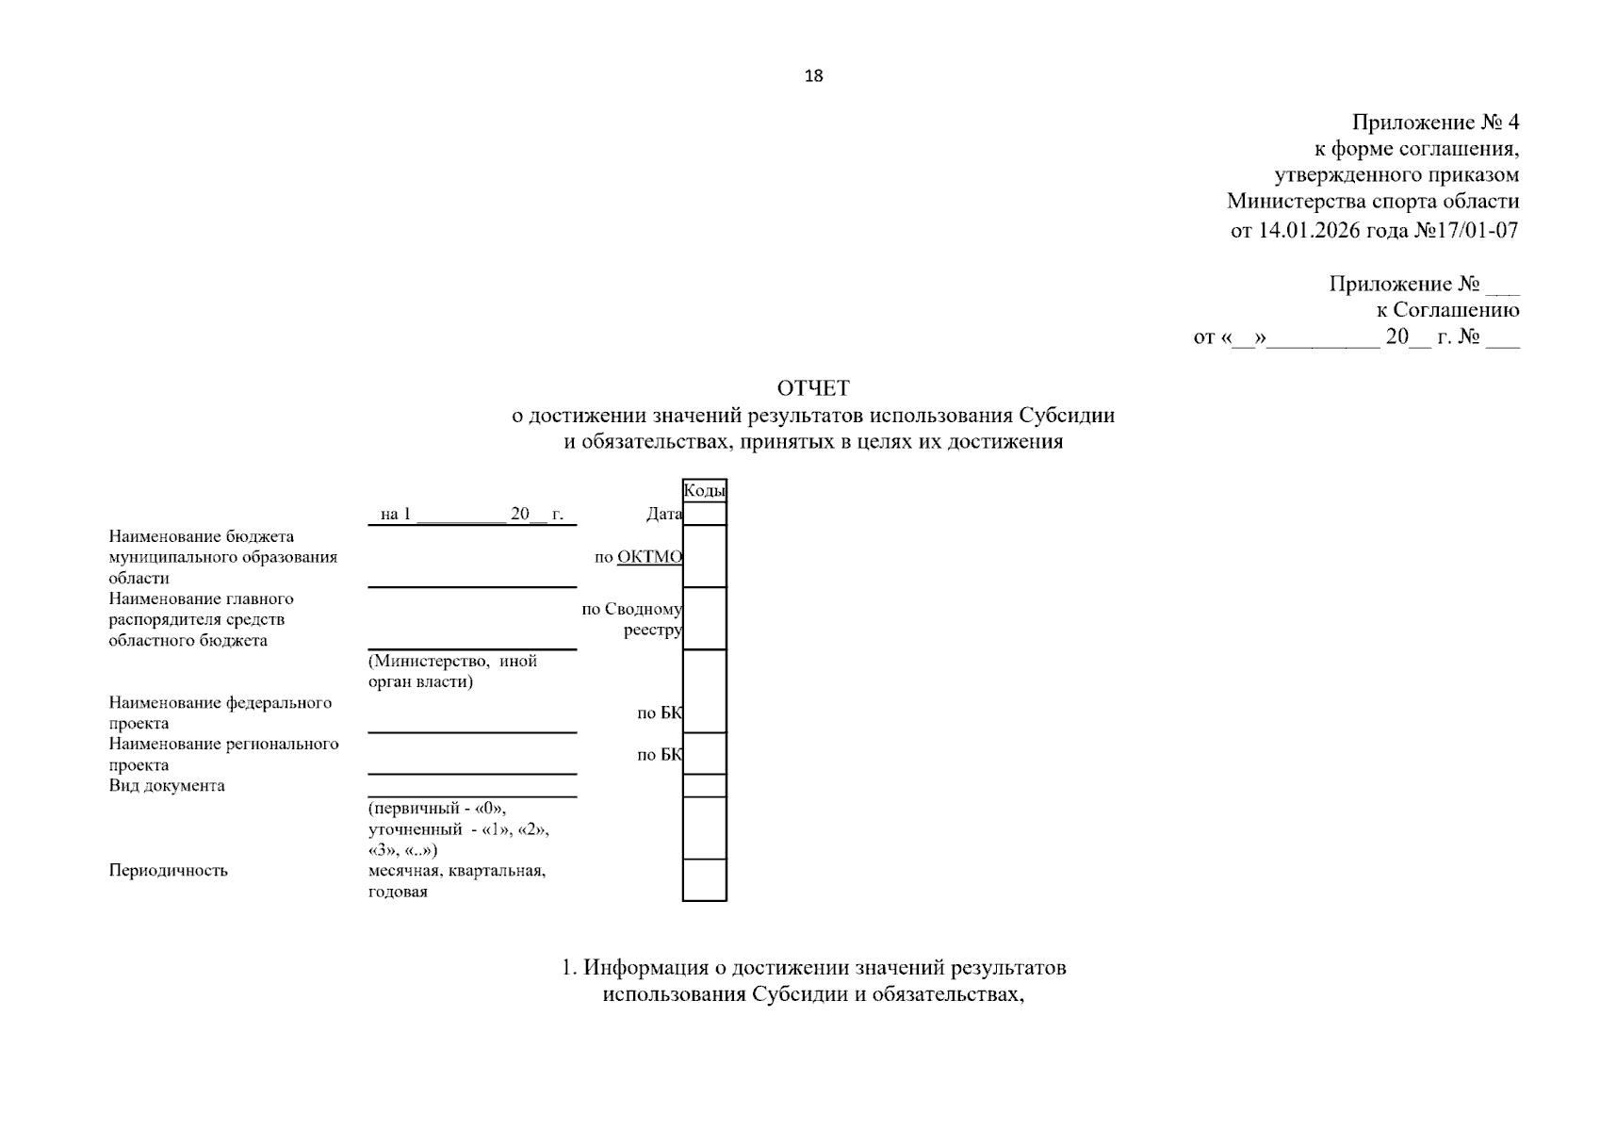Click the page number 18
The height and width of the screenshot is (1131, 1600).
coord(813,76)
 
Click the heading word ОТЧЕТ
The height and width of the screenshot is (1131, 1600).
coord(812,388)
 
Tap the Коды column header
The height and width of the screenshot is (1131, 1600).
coord(704,490)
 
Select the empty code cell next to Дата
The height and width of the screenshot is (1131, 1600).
coord(704,514)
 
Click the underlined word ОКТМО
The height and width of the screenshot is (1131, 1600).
coord(649,557)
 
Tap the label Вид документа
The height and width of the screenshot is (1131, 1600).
coord(167,785)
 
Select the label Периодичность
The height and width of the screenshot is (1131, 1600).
coord(168,870)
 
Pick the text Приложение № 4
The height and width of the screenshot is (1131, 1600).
coord(1435,123)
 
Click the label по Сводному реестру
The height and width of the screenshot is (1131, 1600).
coord(633,619)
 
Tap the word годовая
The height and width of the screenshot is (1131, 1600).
coord(398,892)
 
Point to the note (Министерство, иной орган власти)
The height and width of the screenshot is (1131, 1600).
coord(452,671)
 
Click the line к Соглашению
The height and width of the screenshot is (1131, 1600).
coord(1447,310)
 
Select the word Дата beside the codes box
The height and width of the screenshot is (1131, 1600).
coord(663,514)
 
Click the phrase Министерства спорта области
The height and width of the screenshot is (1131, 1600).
coord(1372,202)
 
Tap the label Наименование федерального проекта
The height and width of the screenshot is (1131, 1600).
coord(220,713)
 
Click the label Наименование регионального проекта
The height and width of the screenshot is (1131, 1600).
coord(223,754)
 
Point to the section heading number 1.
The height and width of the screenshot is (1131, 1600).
coord(568,968)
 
